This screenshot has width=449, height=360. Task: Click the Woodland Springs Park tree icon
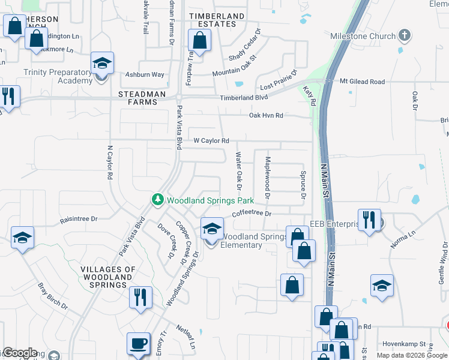(x=157, y=199)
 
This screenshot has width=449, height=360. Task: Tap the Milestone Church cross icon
(x=406, y=36)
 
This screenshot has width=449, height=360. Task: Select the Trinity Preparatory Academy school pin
(x=103, y=64)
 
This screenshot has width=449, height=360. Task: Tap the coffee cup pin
(x=138, y=344)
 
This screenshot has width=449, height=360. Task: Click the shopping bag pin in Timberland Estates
(x=199, y=41)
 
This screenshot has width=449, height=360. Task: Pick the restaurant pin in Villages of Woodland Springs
(x=140, y=298)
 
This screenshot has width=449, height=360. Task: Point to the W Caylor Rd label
(x=211, y=141)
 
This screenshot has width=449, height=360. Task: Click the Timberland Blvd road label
(x=244, y=97)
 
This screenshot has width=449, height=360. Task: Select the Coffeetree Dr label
(x=252, y=214)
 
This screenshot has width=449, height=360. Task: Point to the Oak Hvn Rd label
(x=266, y=115)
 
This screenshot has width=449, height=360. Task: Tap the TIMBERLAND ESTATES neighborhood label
(x=217, y=20)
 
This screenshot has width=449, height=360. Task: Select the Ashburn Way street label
(x=144, y=75)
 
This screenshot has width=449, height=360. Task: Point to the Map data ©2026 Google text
(x=412, y=355)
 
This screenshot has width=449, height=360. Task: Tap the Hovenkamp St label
(x=405, y=344)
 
